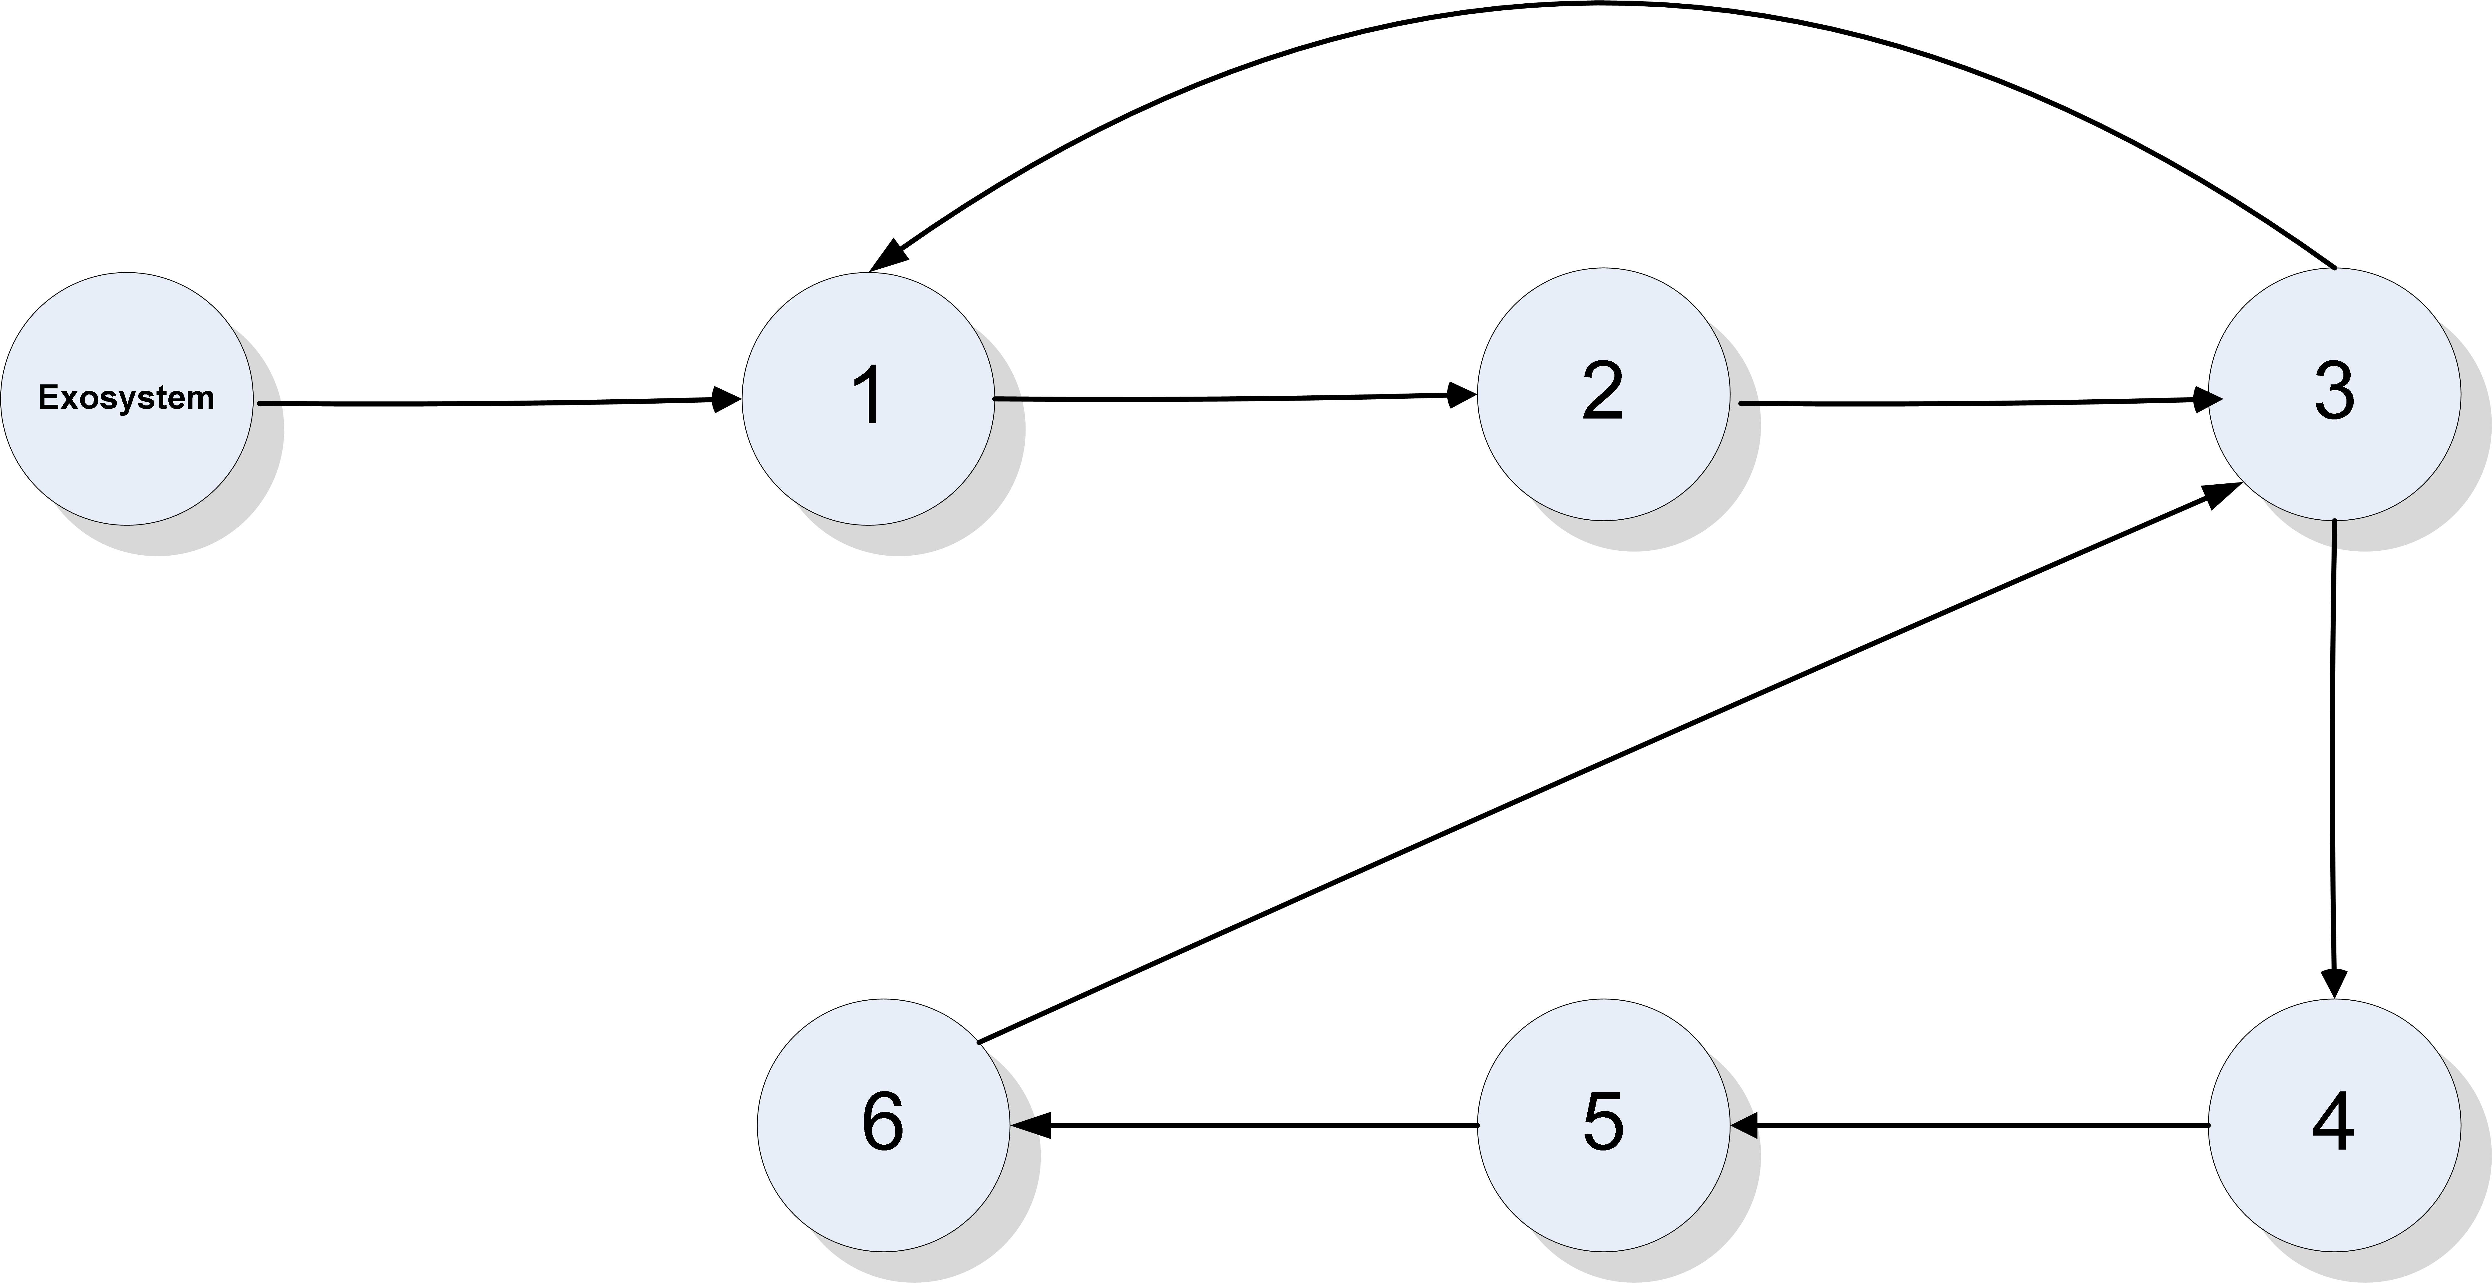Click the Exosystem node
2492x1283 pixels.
coord(127,399)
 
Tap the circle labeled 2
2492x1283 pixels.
coord(1603,394)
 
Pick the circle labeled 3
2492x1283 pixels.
coord(2334,394)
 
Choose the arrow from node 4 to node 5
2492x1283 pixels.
coord(1973,1125)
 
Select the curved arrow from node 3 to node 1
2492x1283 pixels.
coord(1596,5)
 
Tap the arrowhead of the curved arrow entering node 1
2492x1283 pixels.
coord(888,256)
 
